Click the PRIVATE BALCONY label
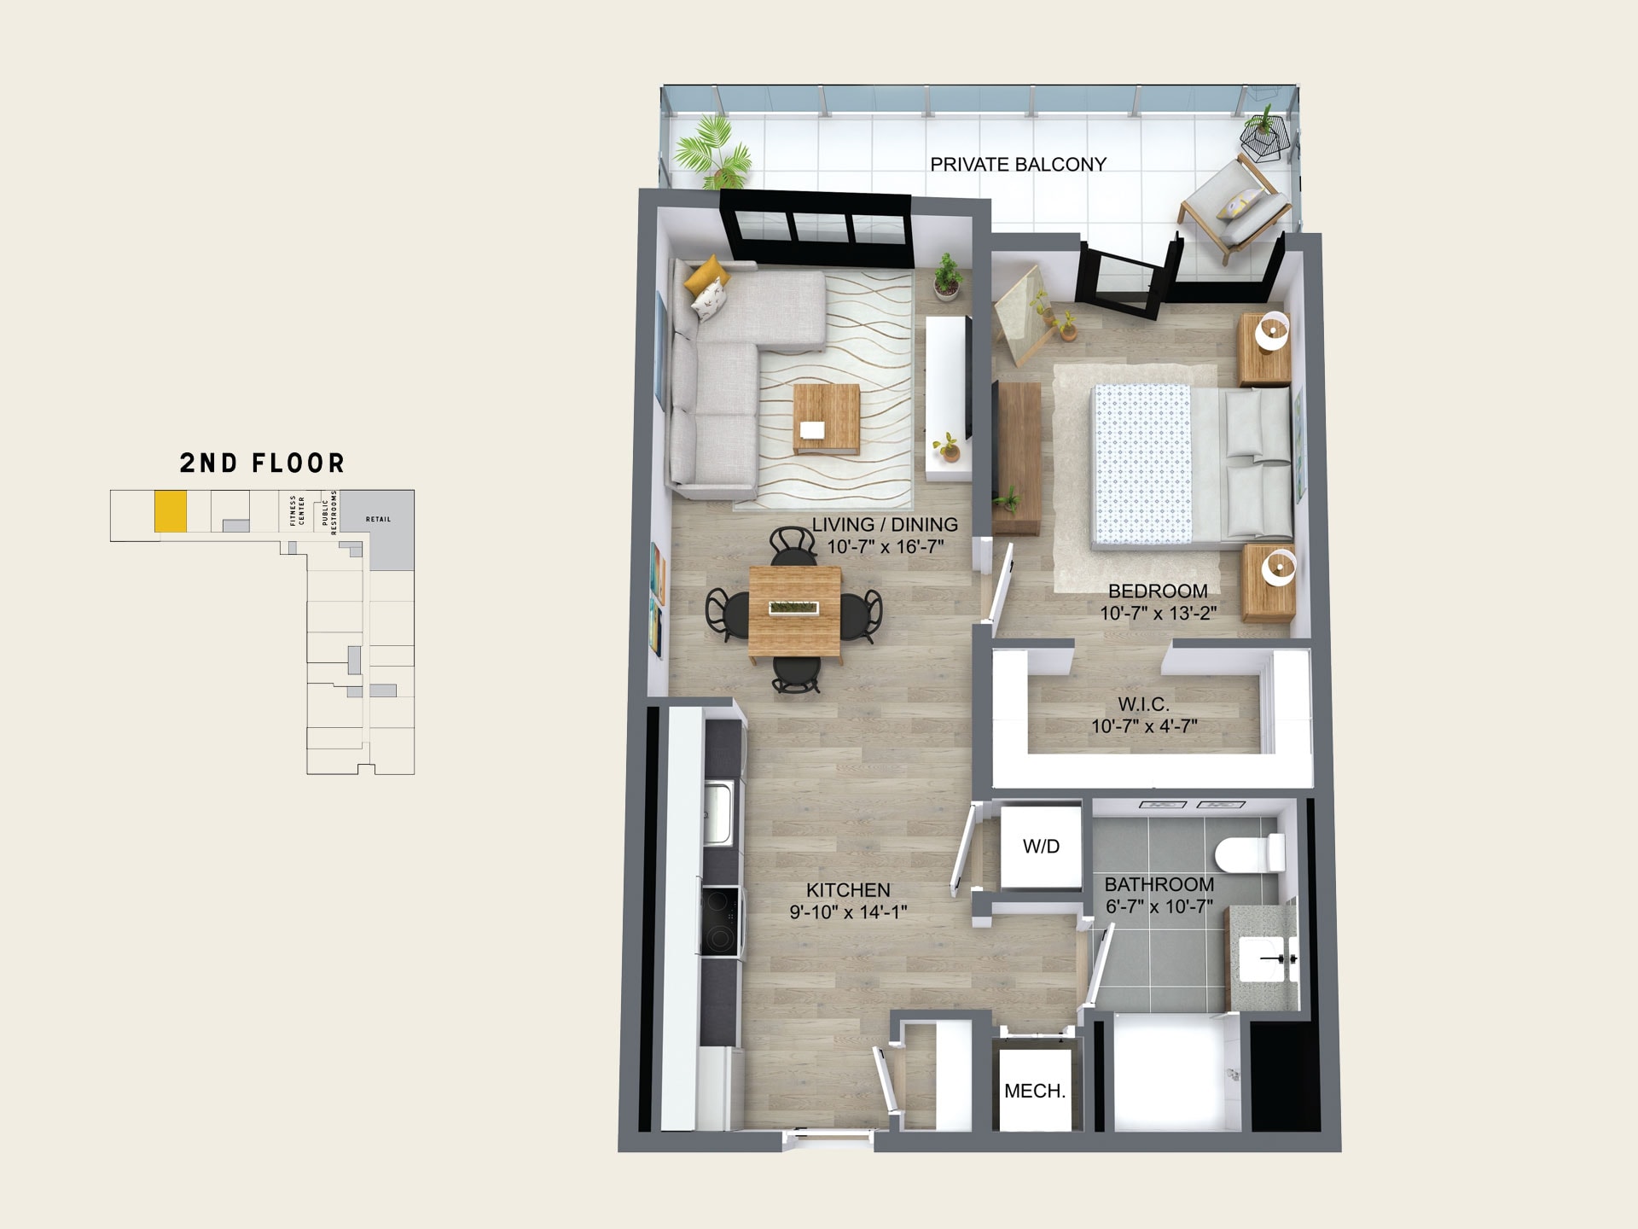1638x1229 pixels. pyautogui.click(x=1018, y=164)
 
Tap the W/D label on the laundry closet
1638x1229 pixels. pyautogui.click(x=1041, y=846)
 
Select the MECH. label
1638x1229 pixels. pyautogui.click(x=1035, y=1091)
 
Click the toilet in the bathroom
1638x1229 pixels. pyautogui.click(x=1250, y=853)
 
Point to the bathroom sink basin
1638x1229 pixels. pyautogui.click(x=1267, y=959)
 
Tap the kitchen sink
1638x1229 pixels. pyautogui.click(x=718, y=812)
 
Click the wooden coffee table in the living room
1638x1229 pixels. pyautogui.click(x=826, y=418)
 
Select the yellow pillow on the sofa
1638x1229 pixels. pyautogui.click(x=706, y=275)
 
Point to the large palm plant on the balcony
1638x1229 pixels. pyautogui.click(x=714, y=152)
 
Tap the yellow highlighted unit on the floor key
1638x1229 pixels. pyautogui.click(x=171, y=511)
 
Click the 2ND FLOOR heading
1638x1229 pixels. pyautogui.click(x=262, y=463)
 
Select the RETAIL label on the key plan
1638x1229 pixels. pyautogui.click(x=378, y=519)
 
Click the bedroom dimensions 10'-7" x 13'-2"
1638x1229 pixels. pyautogui.click(x=1158, y=613)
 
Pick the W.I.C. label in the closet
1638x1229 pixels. pyautogui.click(x=1143, y=704)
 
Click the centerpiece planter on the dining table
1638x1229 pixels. pyautogui.click(x=793, y=608)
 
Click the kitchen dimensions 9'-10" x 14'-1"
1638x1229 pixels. pyautogui.click(x=848, y=912)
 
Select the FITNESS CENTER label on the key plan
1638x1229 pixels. pyautogui.click(x=297, y=510)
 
